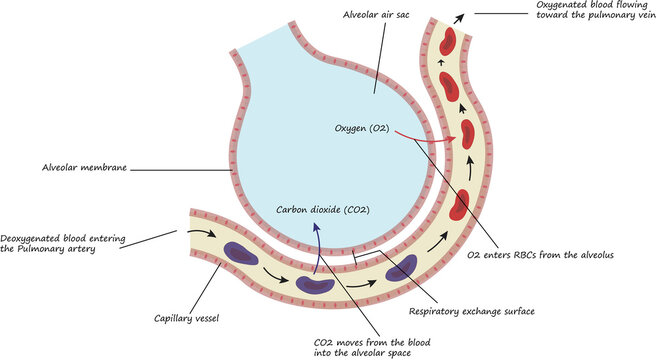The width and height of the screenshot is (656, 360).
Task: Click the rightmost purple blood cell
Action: pos(401,267)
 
